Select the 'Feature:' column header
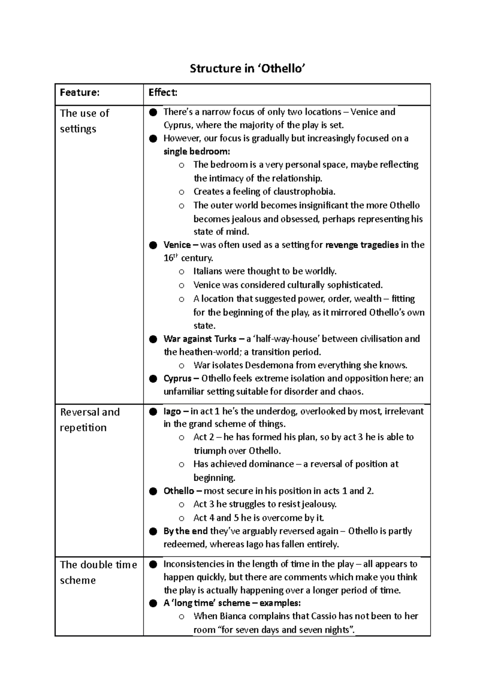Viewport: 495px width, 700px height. [80, 92]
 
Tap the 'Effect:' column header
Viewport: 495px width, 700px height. [163, 92]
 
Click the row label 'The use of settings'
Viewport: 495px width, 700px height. [84, 121]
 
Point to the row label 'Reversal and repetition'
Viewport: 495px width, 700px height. [90, 420]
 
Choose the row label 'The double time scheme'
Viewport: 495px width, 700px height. [98, 572]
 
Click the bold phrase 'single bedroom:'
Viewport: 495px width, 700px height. [197, 151]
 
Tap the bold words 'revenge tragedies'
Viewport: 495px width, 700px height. [362, 245]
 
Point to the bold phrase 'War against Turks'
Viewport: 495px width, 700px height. [200, 339]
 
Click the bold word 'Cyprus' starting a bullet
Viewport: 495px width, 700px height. [177, 378]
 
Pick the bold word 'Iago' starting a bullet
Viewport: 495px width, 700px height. [172, 411]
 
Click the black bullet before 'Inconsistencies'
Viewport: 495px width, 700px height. [153, 564]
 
